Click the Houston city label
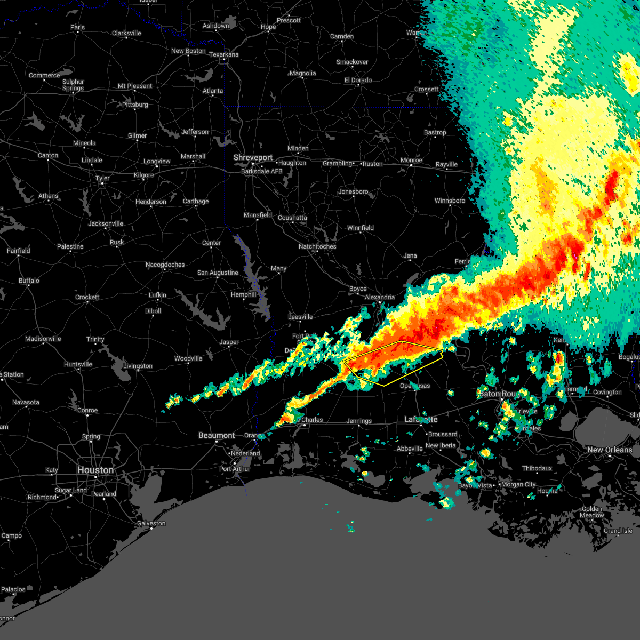tap(95, 470)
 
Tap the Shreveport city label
tap(253, 158)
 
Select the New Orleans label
tap(610, 450)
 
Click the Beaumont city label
tap(217, 435)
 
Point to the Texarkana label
tap(223, 54)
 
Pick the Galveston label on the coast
tap(151, 523)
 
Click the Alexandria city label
tap(380, 297)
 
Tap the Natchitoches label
tap(317, 246)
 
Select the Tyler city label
tap(102, 178)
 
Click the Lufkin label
tap(157, 295)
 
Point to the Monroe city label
tap(411, 160)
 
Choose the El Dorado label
tap(358, 80)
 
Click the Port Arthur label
tap(235, 469)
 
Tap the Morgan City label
tap(519, 484)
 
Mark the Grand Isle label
tap(618, 531)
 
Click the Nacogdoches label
tap(165, 265)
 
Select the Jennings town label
tap(359, 421)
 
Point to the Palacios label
tap(13, 589)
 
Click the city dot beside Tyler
tap(102, 185)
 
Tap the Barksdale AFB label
tap(262, 171)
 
